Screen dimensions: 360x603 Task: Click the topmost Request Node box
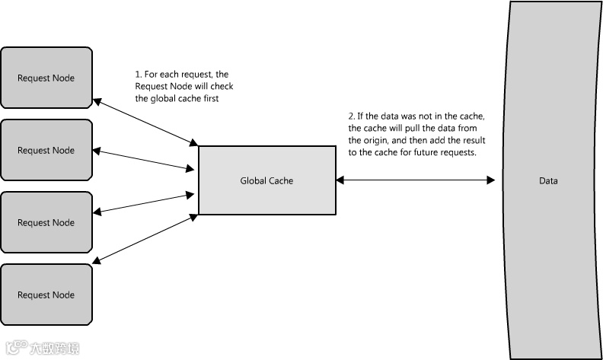click(x=46, y=78)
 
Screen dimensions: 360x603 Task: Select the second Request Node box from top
click(x=46, y=150)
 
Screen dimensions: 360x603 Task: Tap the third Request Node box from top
click(x=46, y=222)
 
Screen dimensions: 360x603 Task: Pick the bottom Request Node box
click(x=46, y=295)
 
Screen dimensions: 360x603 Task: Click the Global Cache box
click(x=266, y=180)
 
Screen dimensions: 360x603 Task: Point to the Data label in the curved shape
click(x=548, y=180)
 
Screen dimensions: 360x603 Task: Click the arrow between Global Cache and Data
click(x=415, y=180)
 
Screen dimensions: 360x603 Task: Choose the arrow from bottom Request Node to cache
click(x=145, y=241)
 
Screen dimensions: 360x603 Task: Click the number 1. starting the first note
click(x=139, y=75)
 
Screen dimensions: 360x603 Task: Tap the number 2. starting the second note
click(x=351, y=116)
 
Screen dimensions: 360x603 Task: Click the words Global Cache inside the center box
click(x=266, y=180)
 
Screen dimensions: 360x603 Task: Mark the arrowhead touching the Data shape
click(x=490, y=180)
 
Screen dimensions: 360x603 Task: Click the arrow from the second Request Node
click(x=145, y=160)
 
